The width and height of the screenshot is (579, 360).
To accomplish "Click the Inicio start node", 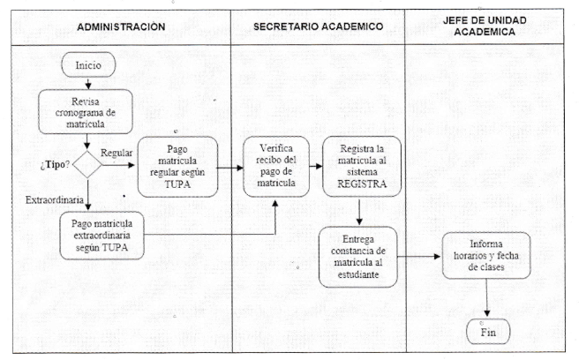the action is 88,65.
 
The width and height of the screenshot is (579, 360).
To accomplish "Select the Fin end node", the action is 488,332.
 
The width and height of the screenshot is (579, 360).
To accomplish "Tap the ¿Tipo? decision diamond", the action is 87,165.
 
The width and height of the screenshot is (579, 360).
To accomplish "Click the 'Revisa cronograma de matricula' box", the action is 86,112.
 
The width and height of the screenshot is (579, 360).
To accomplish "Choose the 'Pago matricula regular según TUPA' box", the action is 177,167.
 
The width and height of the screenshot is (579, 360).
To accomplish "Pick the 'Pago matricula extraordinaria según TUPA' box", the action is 102,236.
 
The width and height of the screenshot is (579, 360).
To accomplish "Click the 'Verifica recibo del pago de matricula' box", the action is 276,166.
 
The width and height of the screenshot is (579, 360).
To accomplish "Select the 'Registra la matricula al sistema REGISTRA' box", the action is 362,166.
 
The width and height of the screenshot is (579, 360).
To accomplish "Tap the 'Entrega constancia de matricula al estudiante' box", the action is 358,257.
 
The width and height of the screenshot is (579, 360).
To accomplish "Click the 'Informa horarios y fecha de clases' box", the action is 486,256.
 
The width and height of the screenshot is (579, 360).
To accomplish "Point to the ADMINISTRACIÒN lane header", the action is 121,27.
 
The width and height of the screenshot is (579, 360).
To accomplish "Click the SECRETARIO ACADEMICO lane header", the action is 318,26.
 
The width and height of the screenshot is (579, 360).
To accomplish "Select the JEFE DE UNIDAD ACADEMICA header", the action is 485,26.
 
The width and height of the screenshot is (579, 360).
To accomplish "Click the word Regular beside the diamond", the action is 117,153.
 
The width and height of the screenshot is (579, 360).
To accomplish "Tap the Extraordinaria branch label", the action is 55,200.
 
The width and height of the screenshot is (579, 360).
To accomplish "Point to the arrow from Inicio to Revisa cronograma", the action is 88,84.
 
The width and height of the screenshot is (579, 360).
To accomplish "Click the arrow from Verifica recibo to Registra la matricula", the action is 316,167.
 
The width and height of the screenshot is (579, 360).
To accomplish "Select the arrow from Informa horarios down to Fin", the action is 486,298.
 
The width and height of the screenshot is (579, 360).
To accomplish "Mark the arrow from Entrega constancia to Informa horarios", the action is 419,256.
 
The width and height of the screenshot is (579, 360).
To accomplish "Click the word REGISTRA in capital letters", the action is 362,184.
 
